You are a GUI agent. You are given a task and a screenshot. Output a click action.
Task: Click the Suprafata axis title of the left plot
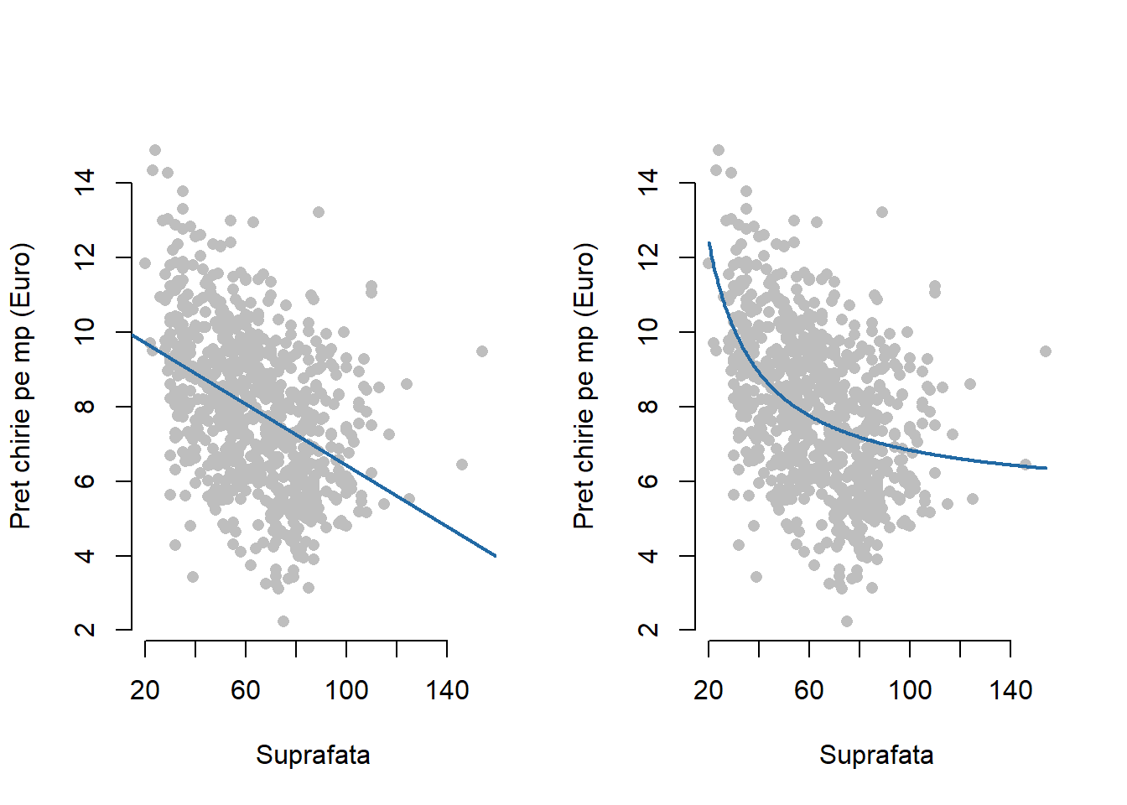click(x=313, y=755)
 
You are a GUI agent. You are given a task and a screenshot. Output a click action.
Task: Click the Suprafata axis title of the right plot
click(x=876, y=755)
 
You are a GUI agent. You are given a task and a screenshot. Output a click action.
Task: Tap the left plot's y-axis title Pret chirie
click(x=21, y=386)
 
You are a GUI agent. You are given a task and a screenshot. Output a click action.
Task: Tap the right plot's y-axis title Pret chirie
click(x=584, y=386)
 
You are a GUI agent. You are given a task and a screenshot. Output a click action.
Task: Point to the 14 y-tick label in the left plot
click(x=85, y=182)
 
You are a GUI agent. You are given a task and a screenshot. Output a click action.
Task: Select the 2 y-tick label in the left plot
click(x=85, y=630)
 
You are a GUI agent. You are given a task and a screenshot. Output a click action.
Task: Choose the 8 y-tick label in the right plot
click(x=648, y=407)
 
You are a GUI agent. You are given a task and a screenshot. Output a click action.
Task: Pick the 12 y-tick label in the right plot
click(x=648, y=257)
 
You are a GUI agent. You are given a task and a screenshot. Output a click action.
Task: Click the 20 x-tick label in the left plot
click(x=145, y=690)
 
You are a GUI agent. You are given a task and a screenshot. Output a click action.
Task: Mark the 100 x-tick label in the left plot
click(x=346, y=690)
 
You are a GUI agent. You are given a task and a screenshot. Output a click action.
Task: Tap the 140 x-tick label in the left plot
click(x=447, y=690)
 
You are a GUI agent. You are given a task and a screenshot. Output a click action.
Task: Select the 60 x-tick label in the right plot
click(x=809, y=690)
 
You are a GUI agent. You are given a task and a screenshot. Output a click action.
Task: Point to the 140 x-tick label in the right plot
click(x=1010, y=690)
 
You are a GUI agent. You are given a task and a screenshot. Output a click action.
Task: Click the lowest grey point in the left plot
click(x=283, y=621)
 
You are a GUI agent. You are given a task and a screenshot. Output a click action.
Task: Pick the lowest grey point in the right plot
click(x=847, y=621)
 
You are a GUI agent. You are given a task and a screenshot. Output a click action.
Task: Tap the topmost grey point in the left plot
click(x=155, y=150)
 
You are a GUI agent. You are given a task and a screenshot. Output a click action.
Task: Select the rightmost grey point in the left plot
click(x=482, y=351)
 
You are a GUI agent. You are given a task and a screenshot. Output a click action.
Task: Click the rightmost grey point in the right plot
click(x=1046, y=351)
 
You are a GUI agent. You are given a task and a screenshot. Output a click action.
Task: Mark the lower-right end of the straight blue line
click(x=496, y=555)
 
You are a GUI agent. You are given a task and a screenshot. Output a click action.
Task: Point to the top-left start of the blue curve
click(x=709, y=243)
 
